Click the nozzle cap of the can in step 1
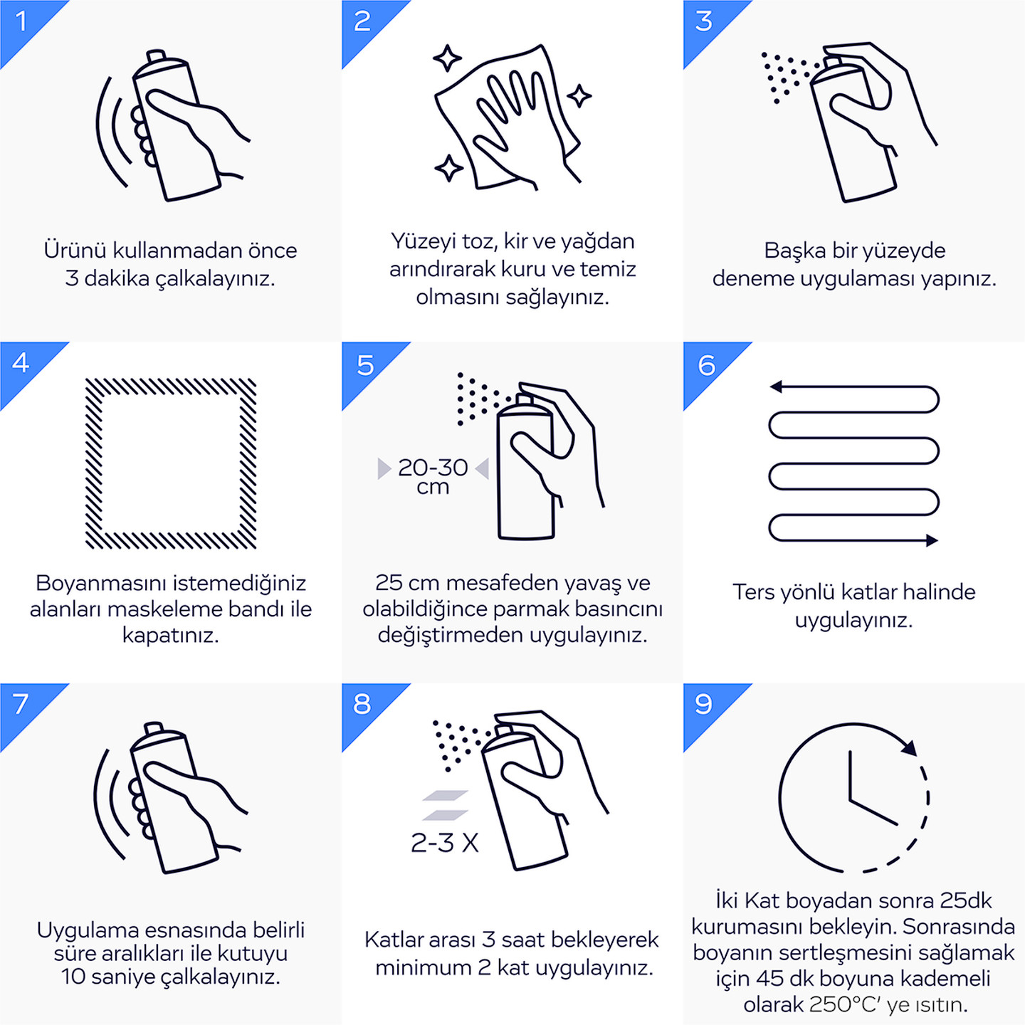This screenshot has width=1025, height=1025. coord(157,56)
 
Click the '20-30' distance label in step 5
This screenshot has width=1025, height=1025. coord(433,468)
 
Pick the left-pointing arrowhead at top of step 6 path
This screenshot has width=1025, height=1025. coord(776,387)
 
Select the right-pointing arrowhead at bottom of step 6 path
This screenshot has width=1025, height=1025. coord(931,540)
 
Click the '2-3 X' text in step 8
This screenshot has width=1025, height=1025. coord(445,843)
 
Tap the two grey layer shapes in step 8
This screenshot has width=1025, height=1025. coord(445,805)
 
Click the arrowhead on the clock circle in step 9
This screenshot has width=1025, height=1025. coord(910,747)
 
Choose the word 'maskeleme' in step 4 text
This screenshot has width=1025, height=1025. coord(166,609)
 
